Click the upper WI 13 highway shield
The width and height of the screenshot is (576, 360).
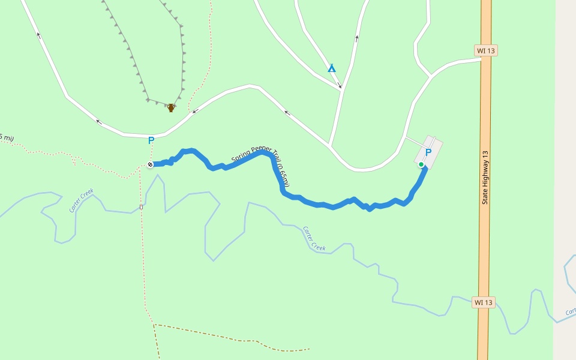coord(485,50)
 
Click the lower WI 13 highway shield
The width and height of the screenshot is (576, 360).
coord(483,302)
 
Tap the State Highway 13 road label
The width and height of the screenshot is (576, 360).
coord(485,177)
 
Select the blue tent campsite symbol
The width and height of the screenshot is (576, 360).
coord(332,68)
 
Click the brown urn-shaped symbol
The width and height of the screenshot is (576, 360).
coord(171,108)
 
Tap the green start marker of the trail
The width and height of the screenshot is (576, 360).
coord(421,164)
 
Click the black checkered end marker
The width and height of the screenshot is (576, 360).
coord(150,164)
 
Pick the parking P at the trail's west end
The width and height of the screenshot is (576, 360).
coord(151,141)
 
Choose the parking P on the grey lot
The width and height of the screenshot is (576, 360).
coord(428,152)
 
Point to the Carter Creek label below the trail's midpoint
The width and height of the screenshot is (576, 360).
coord(314,239)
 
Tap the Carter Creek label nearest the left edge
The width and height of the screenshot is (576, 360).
coord(81,200)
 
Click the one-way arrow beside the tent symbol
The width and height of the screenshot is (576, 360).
coord(340,85)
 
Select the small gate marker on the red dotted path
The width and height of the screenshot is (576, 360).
coord(141,207)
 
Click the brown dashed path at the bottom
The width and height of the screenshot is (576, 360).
coord(240,340)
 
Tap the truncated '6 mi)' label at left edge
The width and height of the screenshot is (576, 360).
coord(6,137)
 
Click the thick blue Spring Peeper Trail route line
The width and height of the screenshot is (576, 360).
coord(324,205)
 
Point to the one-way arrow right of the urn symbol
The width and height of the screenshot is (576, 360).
coord(194,111)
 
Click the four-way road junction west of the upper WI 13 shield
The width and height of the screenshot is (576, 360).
coord(431,77)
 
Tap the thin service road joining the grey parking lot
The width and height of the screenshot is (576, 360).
coord(414,141)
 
